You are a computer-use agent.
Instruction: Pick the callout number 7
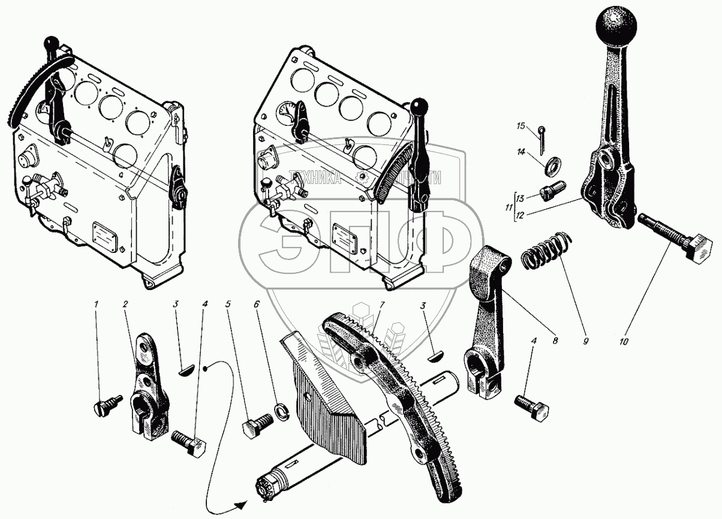point(380,305)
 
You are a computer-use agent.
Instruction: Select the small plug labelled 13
point(550,191)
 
